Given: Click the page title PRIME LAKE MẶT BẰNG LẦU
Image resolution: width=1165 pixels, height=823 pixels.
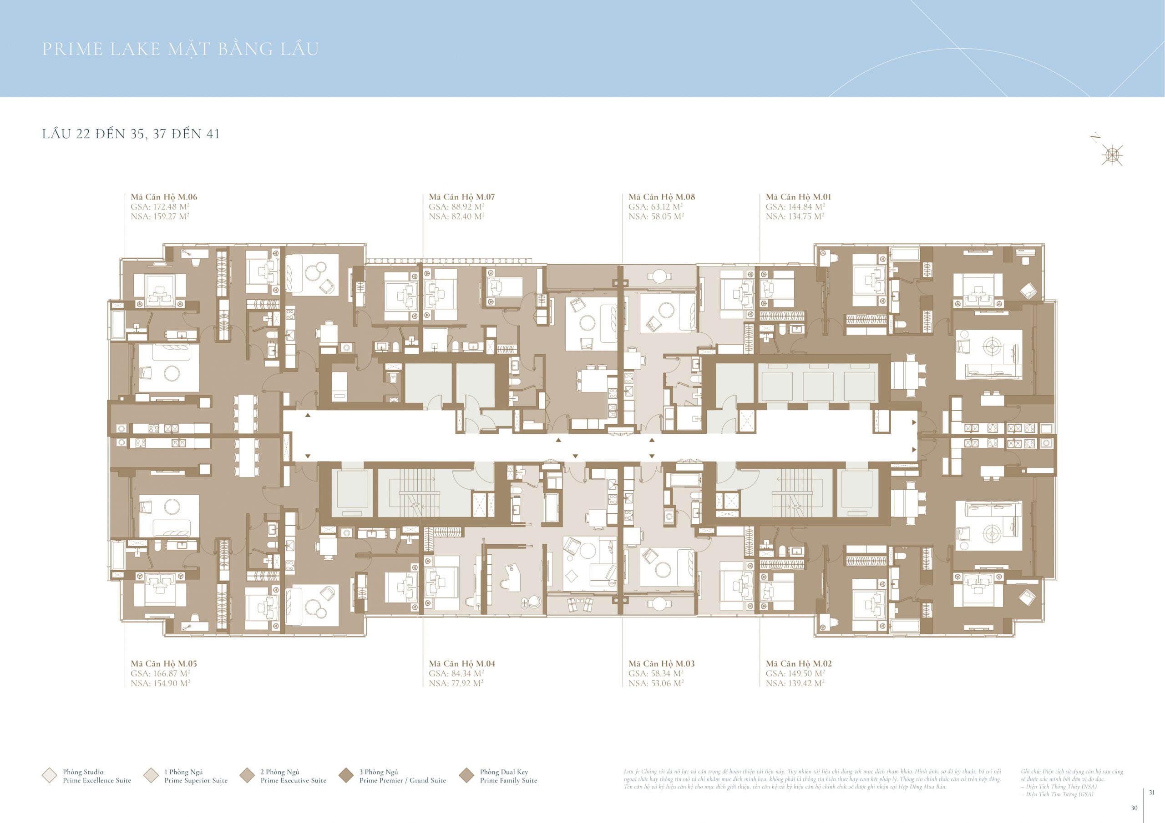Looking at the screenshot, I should tap(180, 49).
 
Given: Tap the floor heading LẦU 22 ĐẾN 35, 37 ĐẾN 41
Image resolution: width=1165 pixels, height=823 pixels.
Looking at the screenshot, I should tap(131, 134).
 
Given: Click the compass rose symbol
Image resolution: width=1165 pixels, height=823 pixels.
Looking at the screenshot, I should tap(1112, 155).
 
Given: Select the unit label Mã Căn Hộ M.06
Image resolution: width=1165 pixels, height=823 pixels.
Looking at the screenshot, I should tap(164, 197).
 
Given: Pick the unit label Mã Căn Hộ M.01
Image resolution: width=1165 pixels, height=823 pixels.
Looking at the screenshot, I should tap(798, 197).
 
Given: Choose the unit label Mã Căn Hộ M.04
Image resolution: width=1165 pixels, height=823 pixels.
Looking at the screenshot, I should tap(461, 663).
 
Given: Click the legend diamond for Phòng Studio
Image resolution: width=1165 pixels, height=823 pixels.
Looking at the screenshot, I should tap(49, 775).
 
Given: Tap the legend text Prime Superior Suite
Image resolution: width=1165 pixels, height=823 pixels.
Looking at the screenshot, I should tap(196, 780).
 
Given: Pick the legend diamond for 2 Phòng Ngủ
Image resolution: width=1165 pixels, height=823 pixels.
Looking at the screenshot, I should tap(247, 775).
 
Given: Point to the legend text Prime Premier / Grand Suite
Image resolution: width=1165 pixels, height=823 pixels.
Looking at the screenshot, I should tap(402, 780).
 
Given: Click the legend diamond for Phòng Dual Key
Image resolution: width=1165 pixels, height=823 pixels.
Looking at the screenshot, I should tap(466, 775).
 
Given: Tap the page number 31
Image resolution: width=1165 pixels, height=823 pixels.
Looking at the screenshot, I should tap(1152, 792).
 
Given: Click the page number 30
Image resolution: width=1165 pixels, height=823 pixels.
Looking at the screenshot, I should tap(1134, 808).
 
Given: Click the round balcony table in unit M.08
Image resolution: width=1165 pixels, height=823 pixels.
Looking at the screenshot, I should tap(658, 276).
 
